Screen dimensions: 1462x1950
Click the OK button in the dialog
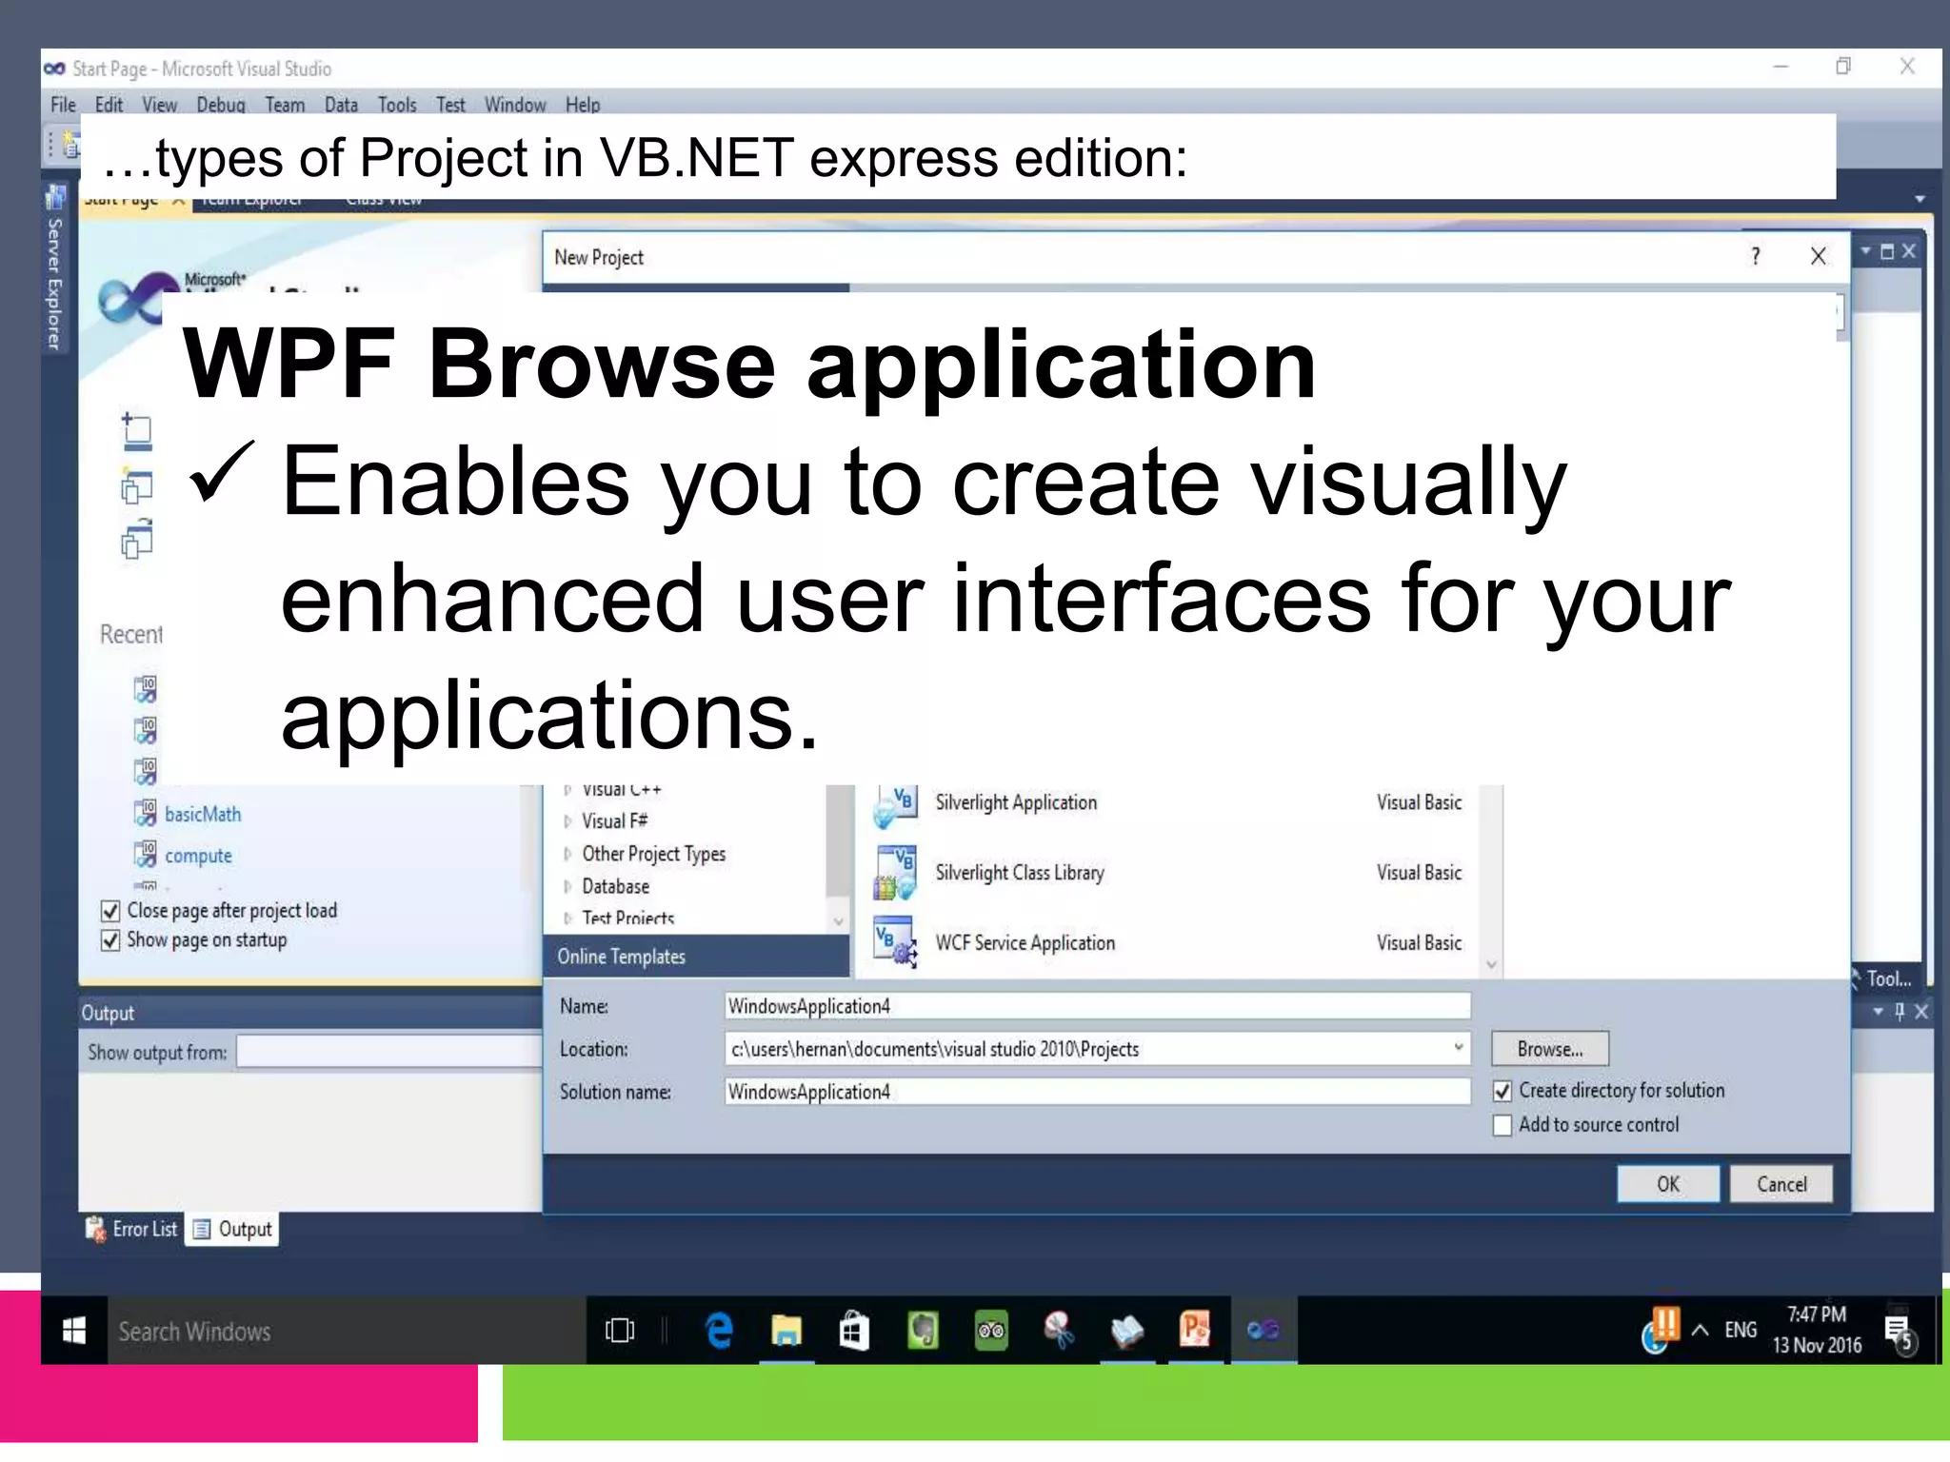1667,1184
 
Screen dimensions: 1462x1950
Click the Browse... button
1549,1049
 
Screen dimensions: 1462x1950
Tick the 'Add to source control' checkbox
1502,1126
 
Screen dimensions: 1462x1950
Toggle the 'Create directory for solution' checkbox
1502,1092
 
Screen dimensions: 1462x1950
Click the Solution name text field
1096,1092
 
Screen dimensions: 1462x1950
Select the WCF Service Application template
1025,943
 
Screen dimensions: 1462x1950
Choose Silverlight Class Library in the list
1019,873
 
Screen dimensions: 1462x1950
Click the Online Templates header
621,957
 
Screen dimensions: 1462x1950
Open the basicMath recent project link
203,815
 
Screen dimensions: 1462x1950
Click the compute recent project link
198,856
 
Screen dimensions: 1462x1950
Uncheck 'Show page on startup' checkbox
110,941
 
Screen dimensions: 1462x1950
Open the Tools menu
396,105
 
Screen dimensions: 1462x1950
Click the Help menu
582,105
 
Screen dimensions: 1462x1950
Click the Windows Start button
74,1331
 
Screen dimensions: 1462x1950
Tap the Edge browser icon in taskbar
719,1331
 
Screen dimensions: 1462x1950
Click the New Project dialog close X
1818,256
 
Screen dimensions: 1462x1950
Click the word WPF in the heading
288,364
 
